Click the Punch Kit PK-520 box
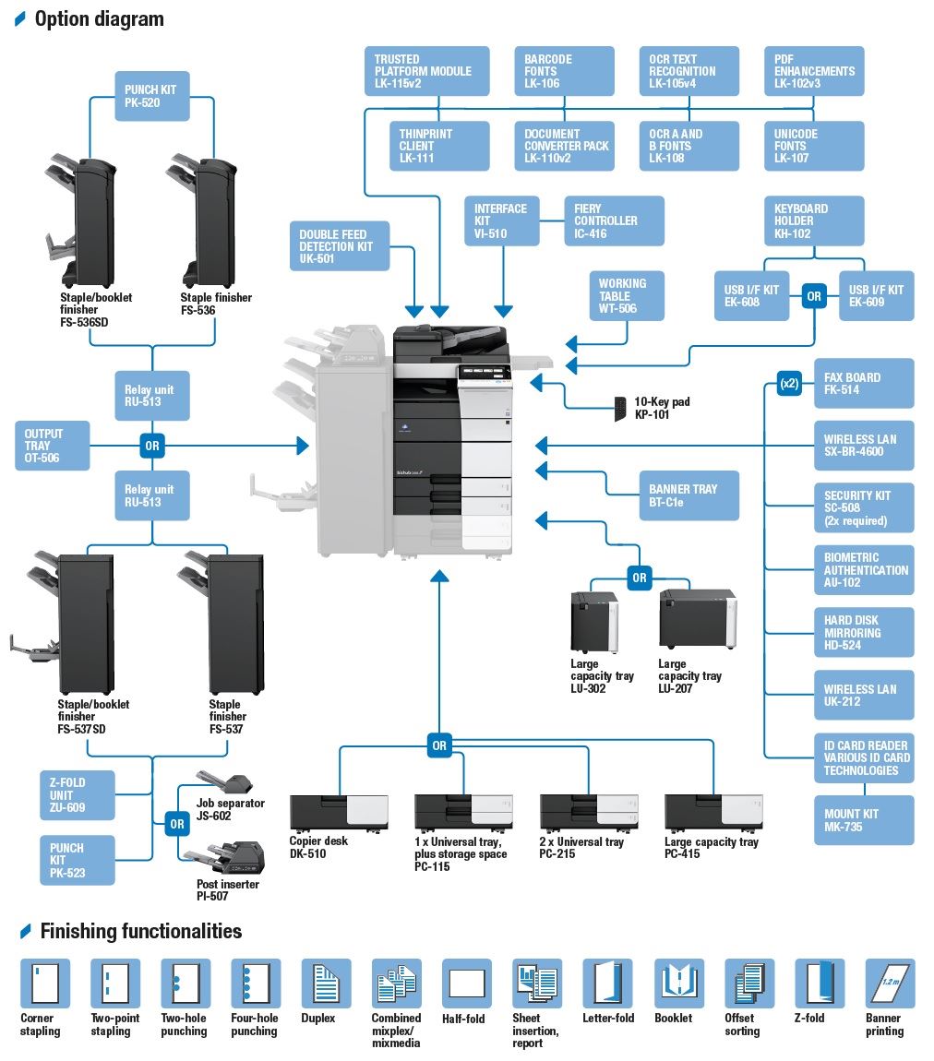(151, 96)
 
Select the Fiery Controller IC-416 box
(614, 221)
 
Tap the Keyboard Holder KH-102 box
(814, 221)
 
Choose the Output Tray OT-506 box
(52, 446)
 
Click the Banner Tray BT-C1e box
(689, 495)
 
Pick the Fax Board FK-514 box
(864, 383)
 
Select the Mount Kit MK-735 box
(864, 820)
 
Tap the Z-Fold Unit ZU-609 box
(78, 795)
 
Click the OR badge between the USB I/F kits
(814, 296)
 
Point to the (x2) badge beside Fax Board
(789, 383)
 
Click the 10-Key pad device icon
(620, 409)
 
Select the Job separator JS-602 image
(224, 782)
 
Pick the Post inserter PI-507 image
(224, 857)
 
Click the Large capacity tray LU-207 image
(698, 619)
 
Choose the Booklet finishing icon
(679, 983)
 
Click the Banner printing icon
(890, 983)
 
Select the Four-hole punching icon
(256, 983)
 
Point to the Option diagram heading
(100, 19)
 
